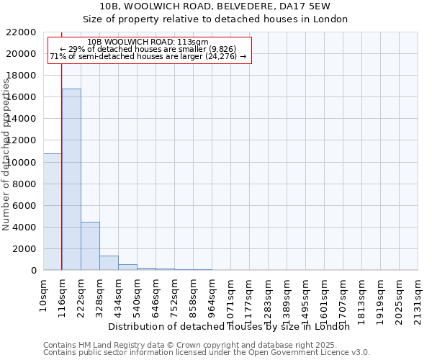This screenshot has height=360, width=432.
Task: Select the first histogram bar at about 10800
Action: point(53,212)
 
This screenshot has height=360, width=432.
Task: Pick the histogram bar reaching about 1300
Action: point(109,263)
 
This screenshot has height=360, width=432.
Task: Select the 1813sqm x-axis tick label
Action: point(362,296)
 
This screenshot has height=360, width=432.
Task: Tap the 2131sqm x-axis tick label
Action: point(418,296)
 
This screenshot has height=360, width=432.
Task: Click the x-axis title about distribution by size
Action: point(233,326)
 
